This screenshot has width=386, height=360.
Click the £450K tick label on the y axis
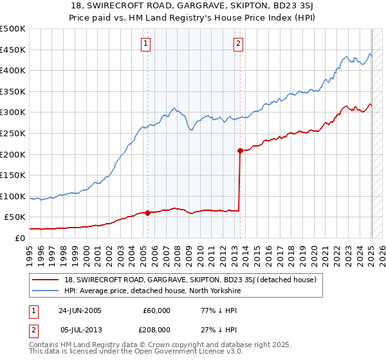point(13,50)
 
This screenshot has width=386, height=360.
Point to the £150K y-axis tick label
point(13,175)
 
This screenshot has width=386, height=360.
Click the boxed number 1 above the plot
point(147,44)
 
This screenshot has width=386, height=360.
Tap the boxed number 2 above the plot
point(238,44)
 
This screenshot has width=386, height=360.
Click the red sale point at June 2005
point(148,213)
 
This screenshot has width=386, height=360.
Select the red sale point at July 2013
point(240,151)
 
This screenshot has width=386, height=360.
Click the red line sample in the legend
point(46,280)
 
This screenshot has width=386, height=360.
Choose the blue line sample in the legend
point(46,291)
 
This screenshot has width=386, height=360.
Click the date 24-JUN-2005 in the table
point(80,310)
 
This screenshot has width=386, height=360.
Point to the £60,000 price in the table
point(156,310)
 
